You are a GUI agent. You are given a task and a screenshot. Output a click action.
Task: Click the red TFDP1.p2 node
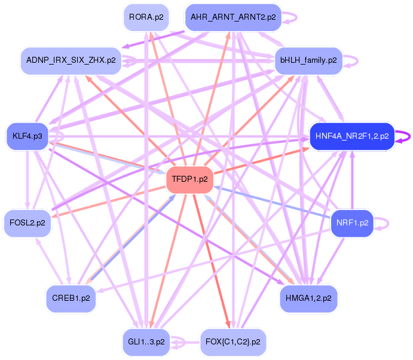point(190,179)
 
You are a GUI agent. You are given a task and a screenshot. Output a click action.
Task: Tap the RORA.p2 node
point(146,17)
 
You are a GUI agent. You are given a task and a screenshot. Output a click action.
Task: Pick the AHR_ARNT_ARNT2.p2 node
point(233,17)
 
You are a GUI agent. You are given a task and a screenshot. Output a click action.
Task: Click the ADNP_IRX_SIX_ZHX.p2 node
point(71,60)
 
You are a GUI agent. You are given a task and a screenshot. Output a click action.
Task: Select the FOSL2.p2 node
point(27,223)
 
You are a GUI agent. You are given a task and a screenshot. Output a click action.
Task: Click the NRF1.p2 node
point(352,223)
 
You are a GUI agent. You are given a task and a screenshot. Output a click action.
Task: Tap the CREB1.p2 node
point(71,298)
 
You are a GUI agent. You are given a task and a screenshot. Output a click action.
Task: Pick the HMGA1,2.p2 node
point(308,298)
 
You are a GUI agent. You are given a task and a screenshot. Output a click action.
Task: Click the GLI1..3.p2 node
point(146,342)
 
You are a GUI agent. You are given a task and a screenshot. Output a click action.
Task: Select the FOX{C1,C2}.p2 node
point(233,342)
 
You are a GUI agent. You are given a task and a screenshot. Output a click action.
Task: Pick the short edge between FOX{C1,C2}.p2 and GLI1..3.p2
point(186,343)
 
